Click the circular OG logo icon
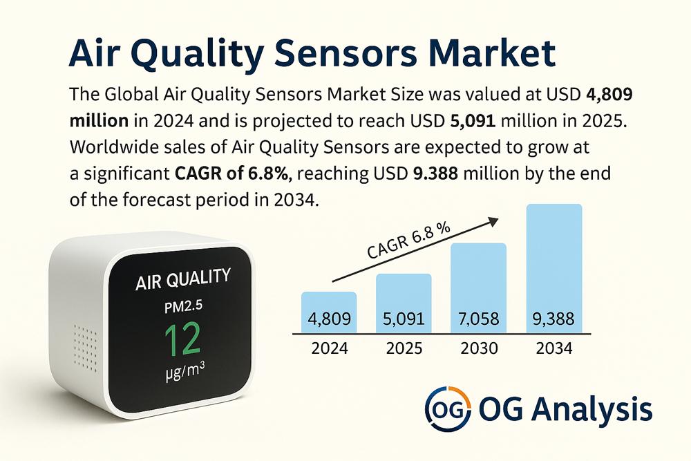pyautogui.click(x=447, y=408)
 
